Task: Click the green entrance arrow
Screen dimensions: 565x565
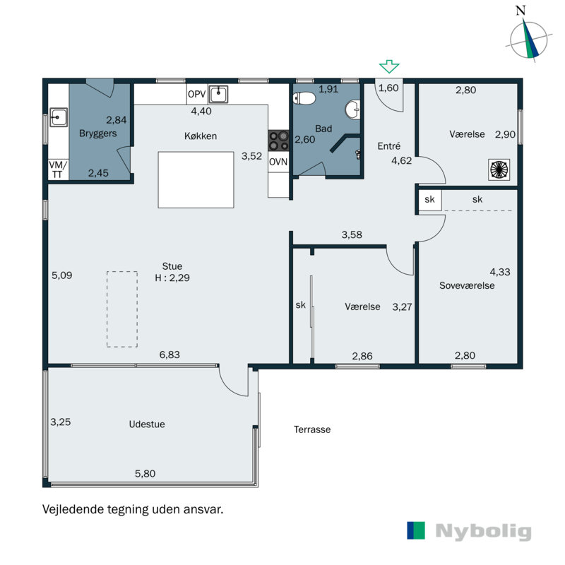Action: tap(389, 66)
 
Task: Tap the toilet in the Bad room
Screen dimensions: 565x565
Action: tap(304, 98)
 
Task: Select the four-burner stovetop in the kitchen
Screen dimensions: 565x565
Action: tap(278, 141)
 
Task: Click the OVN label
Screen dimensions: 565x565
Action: tap(278, 162)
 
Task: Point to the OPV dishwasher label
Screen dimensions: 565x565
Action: tap(197, 94)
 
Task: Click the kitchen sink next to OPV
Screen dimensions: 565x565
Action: tap(218, 95)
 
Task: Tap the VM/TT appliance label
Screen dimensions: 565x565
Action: tap(58, 169)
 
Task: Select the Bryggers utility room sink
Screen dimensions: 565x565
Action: tap(59, 117)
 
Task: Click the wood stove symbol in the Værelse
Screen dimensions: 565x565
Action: tap(499, 169)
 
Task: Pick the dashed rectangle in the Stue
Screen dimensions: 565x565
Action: tap(122, 309)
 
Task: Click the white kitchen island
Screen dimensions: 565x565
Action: tap(196, 180)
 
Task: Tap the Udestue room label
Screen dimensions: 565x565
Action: tap(147, 424)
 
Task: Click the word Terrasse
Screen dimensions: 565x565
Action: tap(312, 429)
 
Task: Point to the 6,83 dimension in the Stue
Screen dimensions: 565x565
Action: tap(169, 355)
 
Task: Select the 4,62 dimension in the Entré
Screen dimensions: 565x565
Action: tap(401, 160)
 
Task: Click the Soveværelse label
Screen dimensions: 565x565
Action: tap(467, 285)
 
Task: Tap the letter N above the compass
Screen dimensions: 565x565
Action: tap(521, 11)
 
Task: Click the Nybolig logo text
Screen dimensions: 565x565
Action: tap(483, 531)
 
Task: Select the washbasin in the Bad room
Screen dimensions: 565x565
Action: tap(352, 109)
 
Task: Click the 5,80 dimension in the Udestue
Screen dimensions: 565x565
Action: tap(145, 473)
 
